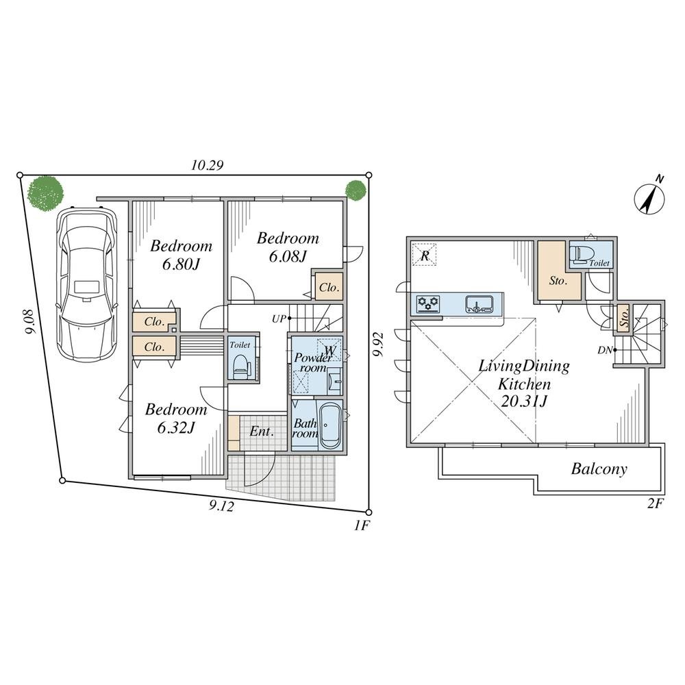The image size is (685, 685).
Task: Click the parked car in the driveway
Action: (x=86, y=284)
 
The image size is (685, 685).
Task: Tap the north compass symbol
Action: (x=649, y=197)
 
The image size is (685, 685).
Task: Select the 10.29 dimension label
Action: (x=208, y=165)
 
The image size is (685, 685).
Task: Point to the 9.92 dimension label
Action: (x=378, y=345)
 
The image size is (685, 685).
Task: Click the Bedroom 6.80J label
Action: (x=181, y=255)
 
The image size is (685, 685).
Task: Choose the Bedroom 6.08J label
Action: (x=288, y=247)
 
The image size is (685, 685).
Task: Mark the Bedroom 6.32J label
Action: (x=175, y=418)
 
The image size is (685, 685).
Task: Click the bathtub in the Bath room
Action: (x=330, y=425)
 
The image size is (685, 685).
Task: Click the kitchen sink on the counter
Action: (x=479, y=303)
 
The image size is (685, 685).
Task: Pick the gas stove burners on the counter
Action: (x=428, y=303)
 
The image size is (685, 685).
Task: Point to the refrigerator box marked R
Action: (x=425, y=255)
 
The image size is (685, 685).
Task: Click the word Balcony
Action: (x=599, y=469)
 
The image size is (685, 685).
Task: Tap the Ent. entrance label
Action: (x=261, y=432)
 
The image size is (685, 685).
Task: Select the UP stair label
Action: (x=279, y=319)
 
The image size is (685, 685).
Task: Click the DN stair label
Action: (x=605, y=350)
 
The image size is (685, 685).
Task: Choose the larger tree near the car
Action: (x=45, y=192)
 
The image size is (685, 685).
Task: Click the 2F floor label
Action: (x=655, y=503)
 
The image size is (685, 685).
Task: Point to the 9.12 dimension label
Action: (x=221, y=506)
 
